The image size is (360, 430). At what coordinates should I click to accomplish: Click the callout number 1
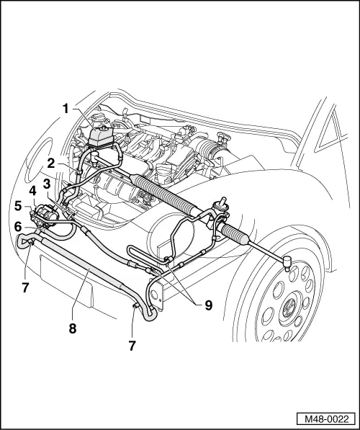pos(66,109)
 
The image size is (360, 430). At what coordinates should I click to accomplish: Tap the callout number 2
pos(52,162)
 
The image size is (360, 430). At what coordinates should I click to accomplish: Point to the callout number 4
pos(32,192)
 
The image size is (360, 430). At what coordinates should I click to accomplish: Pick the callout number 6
pos(18,226)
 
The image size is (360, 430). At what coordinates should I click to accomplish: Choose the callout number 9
pos(209,304)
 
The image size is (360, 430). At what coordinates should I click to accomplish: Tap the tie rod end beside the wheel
pos(287,260)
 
